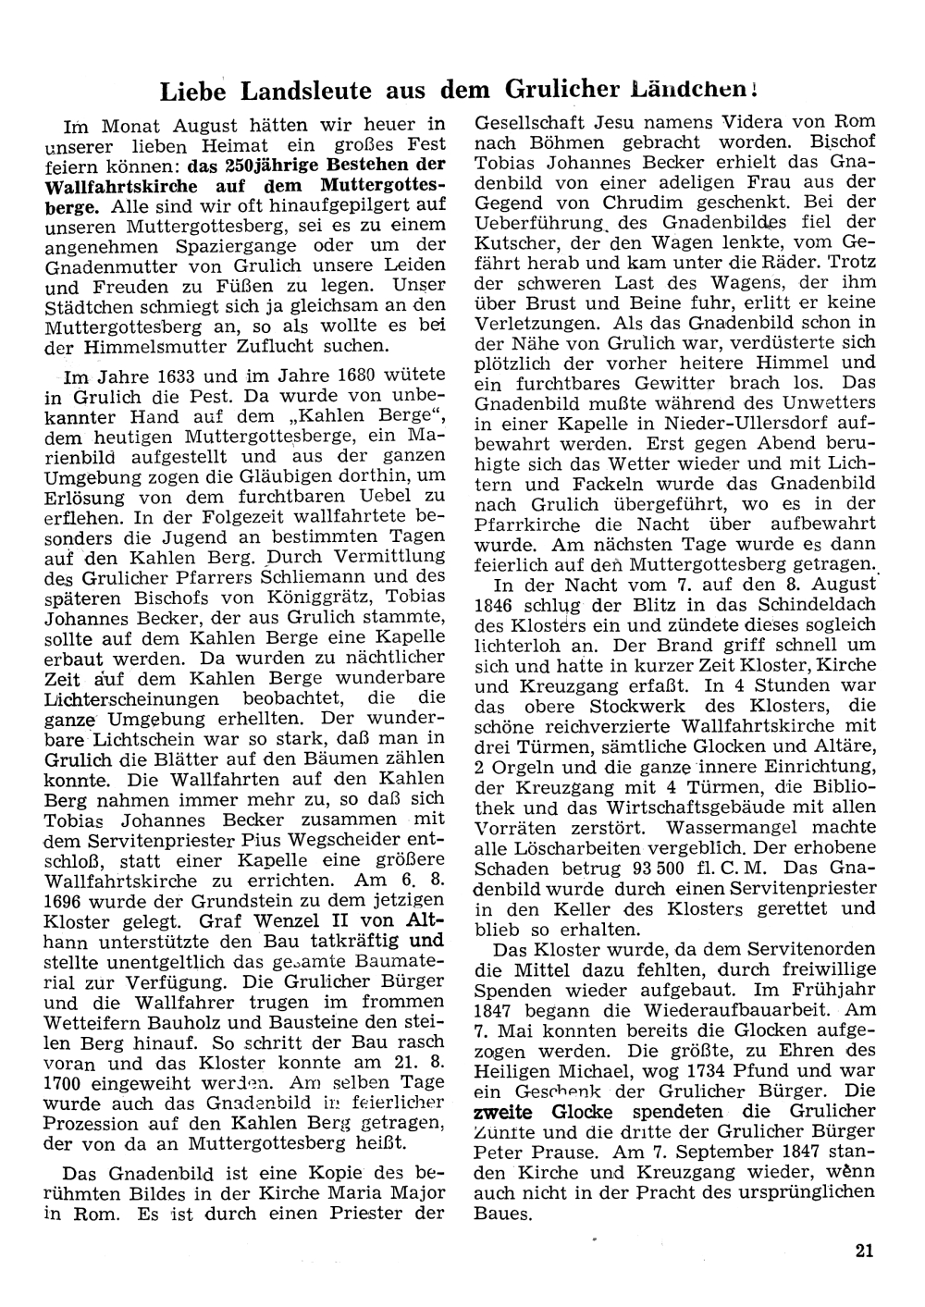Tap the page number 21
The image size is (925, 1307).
coord(865,1252)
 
